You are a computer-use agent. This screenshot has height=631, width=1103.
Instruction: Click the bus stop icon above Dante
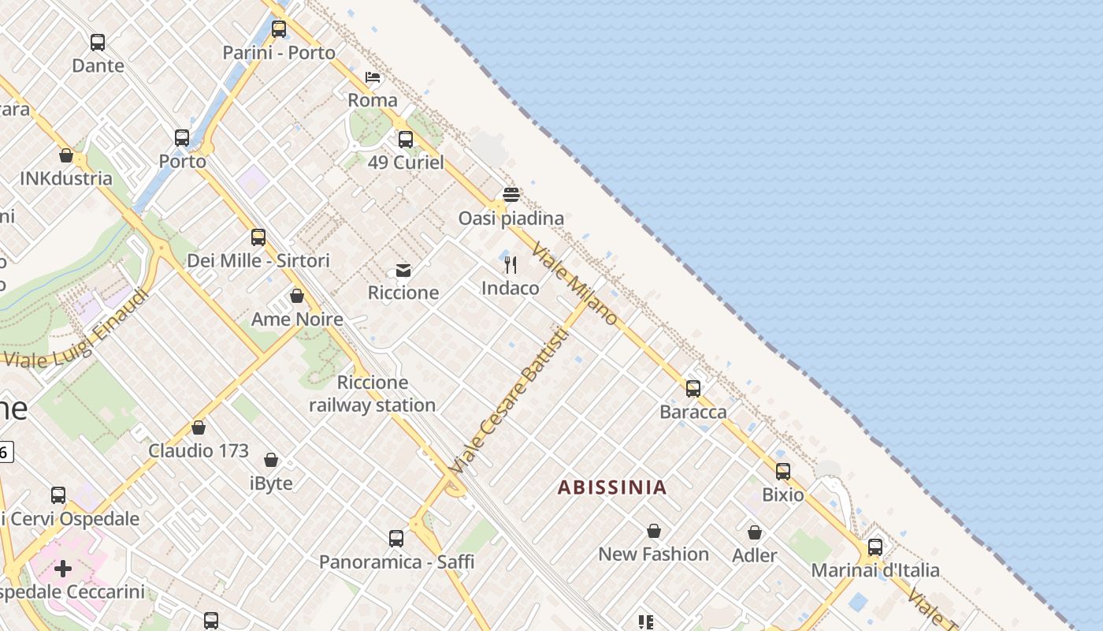point(98,43)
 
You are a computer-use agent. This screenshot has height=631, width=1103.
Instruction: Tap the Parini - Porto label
point(279,53)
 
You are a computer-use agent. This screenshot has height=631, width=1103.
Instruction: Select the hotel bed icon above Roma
point(373,77)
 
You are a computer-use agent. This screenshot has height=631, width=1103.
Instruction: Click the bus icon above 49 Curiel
point(406,140)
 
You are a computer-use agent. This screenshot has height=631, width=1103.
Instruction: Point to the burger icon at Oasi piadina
point(511,195)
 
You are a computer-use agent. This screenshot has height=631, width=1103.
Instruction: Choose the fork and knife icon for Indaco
point(511,265)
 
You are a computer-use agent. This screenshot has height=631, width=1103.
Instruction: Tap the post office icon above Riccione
point(403,271)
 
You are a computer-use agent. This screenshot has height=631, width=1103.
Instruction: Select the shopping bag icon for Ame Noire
point(297,296)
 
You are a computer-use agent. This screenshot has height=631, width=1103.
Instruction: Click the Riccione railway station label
point(372,394)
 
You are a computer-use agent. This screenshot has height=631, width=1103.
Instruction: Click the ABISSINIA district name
point(612,487)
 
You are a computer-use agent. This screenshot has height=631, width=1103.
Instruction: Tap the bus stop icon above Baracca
point(693,389)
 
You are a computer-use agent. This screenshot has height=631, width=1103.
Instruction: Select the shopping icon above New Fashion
point(654,531)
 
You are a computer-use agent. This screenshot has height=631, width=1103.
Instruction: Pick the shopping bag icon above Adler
point(755,532)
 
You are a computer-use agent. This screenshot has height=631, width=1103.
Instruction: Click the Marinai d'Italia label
point(875,569)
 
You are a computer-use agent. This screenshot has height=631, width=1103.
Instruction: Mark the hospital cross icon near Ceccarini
point(63,568)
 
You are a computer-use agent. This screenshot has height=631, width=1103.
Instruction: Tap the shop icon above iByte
point(271,460)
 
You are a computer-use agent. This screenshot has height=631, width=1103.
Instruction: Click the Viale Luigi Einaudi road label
point(76,331)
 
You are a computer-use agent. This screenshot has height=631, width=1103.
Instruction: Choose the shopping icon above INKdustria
point(66,155)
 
